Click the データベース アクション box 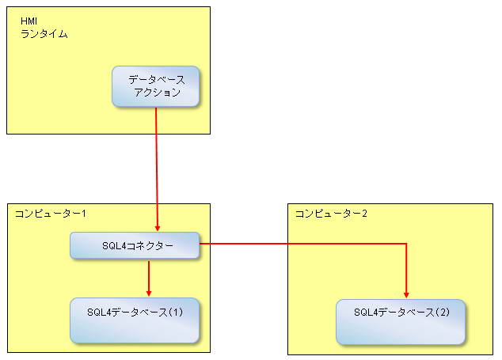(156, 86)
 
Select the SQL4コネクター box (135, 245)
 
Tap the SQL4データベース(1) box (135, 320)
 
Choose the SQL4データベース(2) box (401, 322)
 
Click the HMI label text (29, 21)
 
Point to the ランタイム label (44, 34)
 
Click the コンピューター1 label (51, 214)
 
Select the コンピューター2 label (331, 214)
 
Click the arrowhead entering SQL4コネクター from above (158, 229)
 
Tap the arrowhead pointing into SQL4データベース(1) (149, 293)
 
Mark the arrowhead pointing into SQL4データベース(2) (406, 295)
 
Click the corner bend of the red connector (406, 244)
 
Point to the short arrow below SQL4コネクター (149, 279)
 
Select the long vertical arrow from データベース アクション (157, 169)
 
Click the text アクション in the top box (158, 93)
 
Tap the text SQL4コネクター (138, 246)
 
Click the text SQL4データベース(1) (135, 312)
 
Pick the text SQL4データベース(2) (401, 312)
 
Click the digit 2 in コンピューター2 (365, 214)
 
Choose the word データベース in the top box (157, 79)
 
